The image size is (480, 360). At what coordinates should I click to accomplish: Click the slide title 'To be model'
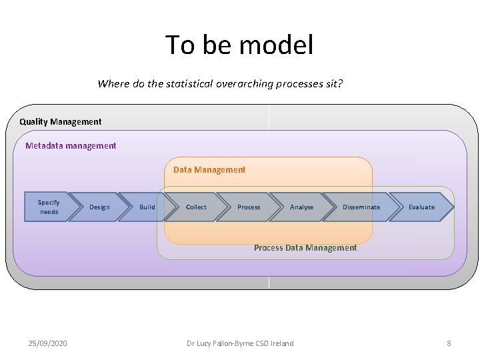[239, 45]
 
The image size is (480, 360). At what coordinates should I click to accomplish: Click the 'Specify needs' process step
[48, 207]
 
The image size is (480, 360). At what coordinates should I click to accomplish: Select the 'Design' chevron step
[99, 207]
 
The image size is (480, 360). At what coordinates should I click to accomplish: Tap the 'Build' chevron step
[147, 207]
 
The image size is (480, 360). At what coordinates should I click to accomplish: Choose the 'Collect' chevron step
[196, 207]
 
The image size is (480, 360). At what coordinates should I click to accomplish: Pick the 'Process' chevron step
[249, 207]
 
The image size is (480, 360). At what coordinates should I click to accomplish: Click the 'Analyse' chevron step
[301, 207]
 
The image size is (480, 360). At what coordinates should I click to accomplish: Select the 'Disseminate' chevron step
[361, 207]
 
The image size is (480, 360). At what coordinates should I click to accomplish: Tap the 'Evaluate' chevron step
[421, 207]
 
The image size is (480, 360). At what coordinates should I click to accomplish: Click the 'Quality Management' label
[61, 122]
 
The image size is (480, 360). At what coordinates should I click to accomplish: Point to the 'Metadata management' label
[71, 145]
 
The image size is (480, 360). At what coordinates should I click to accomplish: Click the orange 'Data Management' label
[209, 170]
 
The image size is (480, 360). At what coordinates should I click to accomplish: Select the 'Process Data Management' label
[305, 248]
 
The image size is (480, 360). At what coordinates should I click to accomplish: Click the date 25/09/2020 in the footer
[47, 343]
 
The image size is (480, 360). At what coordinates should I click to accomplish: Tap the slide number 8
[449, 343]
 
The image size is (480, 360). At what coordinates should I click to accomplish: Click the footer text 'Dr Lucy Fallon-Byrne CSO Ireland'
[240, 343]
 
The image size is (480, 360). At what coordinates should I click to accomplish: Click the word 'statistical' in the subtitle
[176, 84]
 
